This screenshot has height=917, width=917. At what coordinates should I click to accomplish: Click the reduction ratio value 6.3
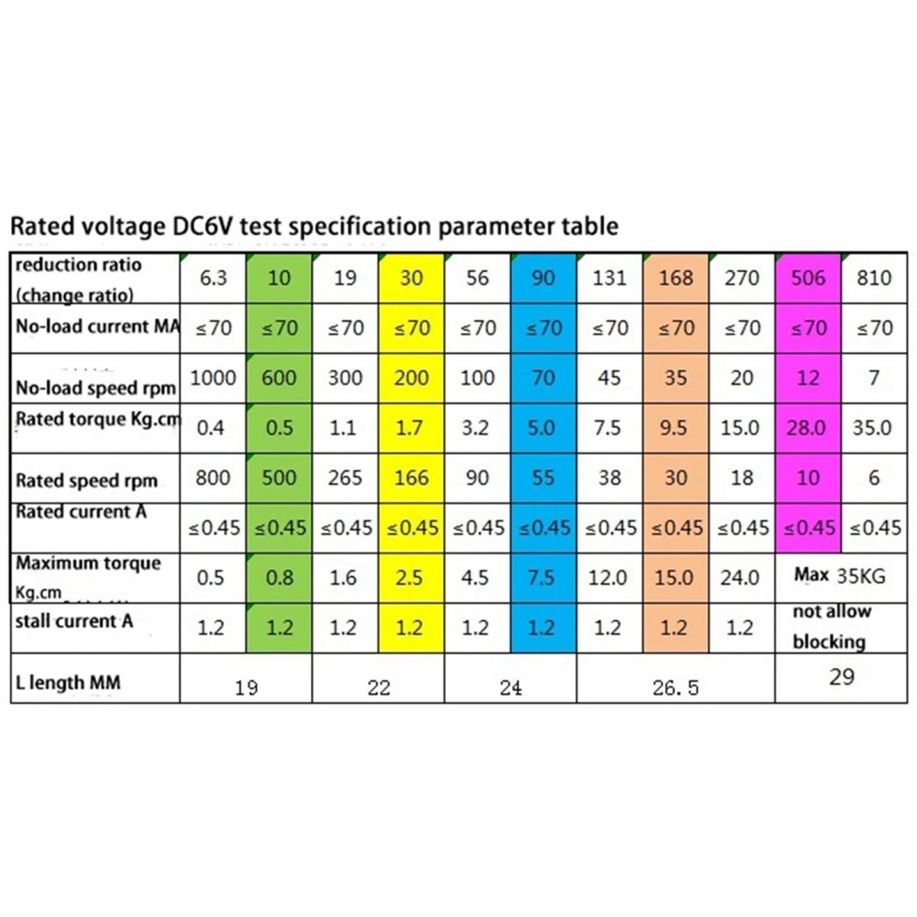(213, 278)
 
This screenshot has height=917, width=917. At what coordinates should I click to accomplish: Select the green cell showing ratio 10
(279, 278)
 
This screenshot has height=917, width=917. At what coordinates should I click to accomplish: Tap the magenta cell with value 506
(808, 278)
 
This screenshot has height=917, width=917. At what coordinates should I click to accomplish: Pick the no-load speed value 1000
(212, 377)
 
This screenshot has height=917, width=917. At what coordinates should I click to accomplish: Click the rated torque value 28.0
(806, 427)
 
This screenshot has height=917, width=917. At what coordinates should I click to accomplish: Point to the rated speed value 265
(345, 478)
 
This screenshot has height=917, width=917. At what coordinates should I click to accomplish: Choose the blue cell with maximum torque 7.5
(541, 577)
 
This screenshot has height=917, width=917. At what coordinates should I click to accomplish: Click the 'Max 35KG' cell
(840, 575)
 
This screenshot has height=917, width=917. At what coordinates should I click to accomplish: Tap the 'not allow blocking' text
(831, 627)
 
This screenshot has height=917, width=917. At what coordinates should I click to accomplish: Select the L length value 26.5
(676, 688)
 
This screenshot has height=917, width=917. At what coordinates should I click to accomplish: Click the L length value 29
(841, 677)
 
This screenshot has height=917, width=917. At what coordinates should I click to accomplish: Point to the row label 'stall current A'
(74, 621)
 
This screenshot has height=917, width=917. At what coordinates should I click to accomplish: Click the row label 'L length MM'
(68, 682)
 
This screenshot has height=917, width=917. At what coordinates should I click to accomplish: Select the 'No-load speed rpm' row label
(96, 387)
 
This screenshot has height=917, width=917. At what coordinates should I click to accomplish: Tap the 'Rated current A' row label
(81, 512)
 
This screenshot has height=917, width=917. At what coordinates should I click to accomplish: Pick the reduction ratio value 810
(873, 278)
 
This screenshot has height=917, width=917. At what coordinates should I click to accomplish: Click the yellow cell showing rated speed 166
(411, 478)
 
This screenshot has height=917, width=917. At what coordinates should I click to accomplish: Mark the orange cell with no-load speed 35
(675, 377)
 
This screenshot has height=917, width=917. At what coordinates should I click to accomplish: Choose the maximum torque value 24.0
(739, 577)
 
